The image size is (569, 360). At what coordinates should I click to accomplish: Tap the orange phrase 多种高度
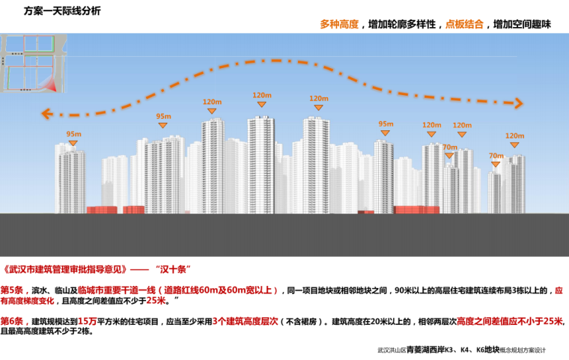339,25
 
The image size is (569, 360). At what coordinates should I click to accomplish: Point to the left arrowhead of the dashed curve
46,114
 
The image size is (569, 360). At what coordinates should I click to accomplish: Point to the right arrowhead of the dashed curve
517,103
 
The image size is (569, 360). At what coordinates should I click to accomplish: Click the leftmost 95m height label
73,134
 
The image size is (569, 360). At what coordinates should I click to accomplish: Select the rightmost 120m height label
514,136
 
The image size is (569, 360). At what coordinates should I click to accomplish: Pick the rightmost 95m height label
386,124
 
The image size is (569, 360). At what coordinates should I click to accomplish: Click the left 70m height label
449,147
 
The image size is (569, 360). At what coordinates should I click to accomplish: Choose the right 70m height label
496,156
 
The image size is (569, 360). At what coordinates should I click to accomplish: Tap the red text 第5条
14,289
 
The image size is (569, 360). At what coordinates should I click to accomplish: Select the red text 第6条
14,321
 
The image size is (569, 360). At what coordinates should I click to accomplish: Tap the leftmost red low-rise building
101,210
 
